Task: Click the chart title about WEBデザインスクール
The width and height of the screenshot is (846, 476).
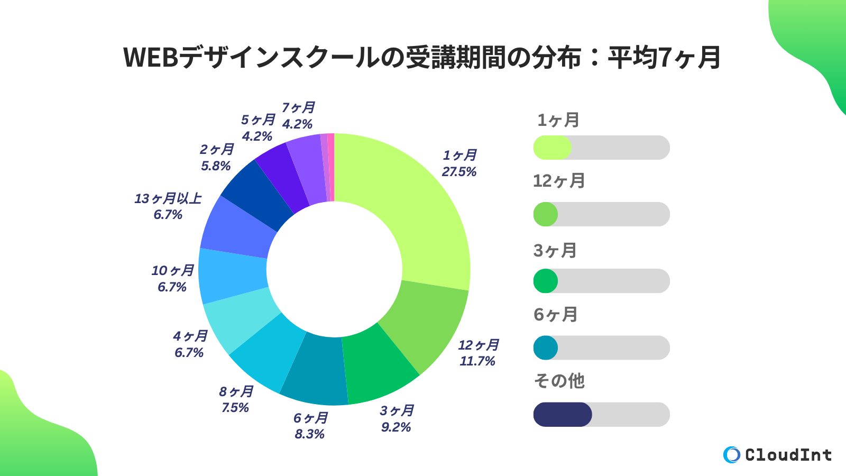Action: (422, 57)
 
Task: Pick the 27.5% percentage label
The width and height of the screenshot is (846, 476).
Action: (459, 172)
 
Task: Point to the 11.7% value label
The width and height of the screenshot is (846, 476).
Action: (477, 361)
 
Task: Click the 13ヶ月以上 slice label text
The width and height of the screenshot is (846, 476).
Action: (168, 198)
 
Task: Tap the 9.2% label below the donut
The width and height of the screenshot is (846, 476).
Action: (396, 427)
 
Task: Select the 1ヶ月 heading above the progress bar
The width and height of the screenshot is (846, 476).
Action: (558, 120)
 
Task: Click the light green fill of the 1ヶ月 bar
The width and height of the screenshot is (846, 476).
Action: (552, 148)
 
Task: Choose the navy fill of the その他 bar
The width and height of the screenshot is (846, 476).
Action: (562, 415)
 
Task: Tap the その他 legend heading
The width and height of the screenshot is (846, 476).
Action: (559, 381)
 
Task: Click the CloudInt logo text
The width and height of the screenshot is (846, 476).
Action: (788, 455)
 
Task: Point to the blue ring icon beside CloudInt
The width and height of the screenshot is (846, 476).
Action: (732, 455)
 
